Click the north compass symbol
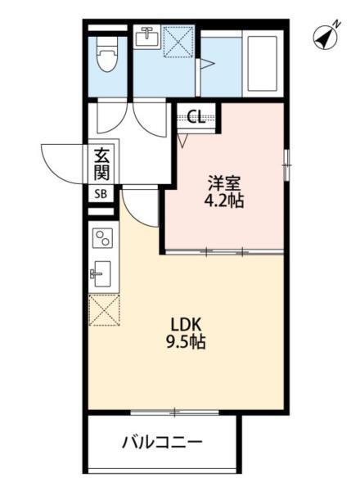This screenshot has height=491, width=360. [x=326, y=36]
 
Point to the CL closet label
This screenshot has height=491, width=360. [x=196, y=116]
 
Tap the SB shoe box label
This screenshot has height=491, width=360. [x=101, y=194]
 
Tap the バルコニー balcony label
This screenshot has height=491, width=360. [x=162, y=443]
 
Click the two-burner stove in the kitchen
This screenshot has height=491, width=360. [x=104, y=238]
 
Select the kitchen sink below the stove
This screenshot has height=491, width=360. [x=103, y=270]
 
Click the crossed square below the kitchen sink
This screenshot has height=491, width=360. [x=104, y=309]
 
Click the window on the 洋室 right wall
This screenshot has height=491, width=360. [x=285, y=164]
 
